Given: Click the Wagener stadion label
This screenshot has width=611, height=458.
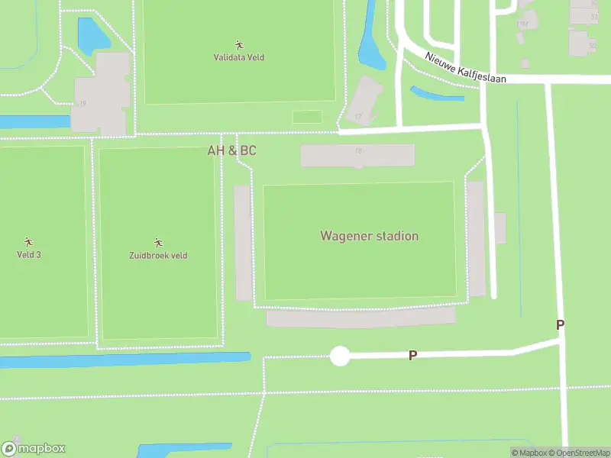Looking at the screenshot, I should pos(369,236).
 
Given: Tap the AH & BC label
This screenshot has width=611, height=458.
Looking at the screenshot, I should pos(232,150).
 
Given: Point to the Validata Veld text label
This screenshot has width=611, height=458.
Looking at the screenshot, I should pos(238,57).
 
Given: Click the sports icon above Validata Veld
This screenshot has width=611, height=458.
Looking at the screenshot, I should pos(238,45).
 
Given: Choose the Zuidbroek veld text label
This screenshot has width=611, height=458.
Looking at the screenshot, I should pos(158,256).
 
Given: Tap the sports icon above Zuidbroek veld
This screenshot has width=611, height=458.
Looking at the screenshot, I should pos(158,243).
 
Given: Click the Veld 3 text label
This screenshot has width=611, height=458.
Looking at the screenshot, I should pos(29,254).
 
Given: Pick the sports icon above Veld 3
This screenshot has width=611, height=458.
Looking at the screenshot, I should pos(29,242).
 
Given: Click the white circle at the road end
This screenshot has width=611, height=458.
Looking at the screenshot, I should pos(339,356).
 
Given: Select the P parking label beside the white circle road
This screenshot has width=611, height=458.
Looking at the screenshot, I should pos(412,356).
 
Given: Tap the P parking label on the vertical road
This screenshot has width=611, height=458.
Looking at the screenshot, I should pos(560,325).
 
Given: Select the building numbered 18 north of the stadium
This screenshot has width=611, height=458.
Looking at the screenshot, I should pos(357,155).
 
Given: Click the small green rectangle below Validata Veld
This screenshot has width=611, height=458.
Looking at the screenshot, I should pos(307,117).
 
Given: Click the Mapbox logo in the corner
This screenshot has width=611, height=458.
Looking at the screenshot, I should pos(34,449).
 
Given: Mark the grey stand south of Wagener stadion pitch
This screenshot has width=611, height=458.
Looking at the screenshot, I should pos(360,318).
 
